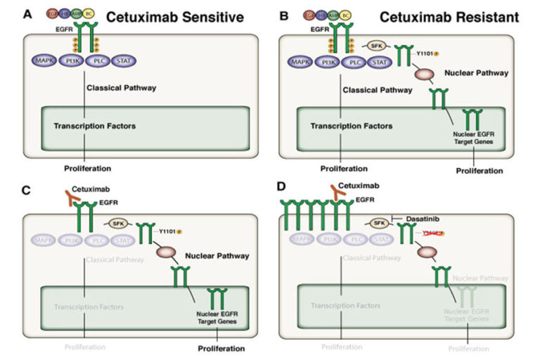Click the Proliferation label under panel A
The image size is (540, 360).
[86, 168]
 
